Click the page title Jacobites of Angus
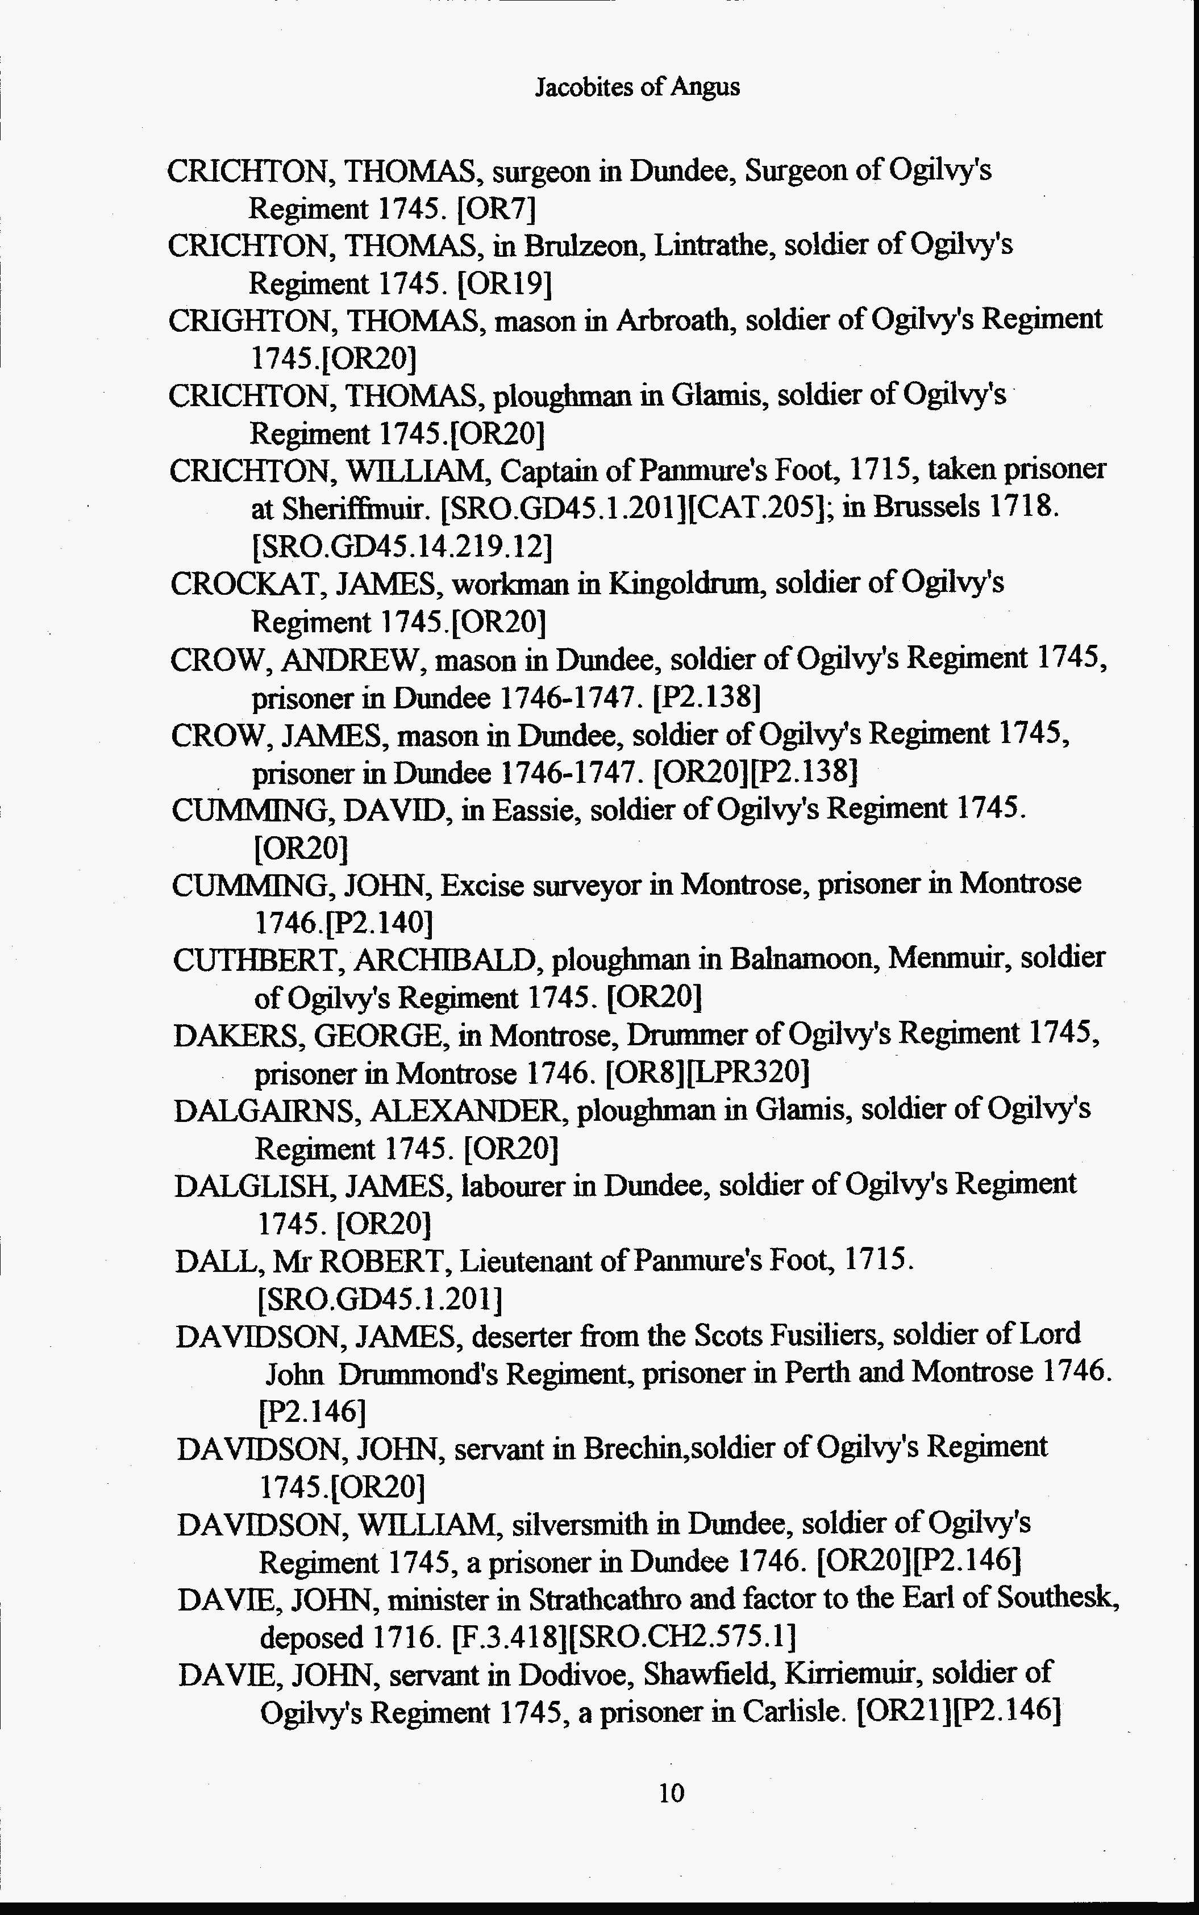[637, 86]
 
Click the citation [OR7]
[497, 209]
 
